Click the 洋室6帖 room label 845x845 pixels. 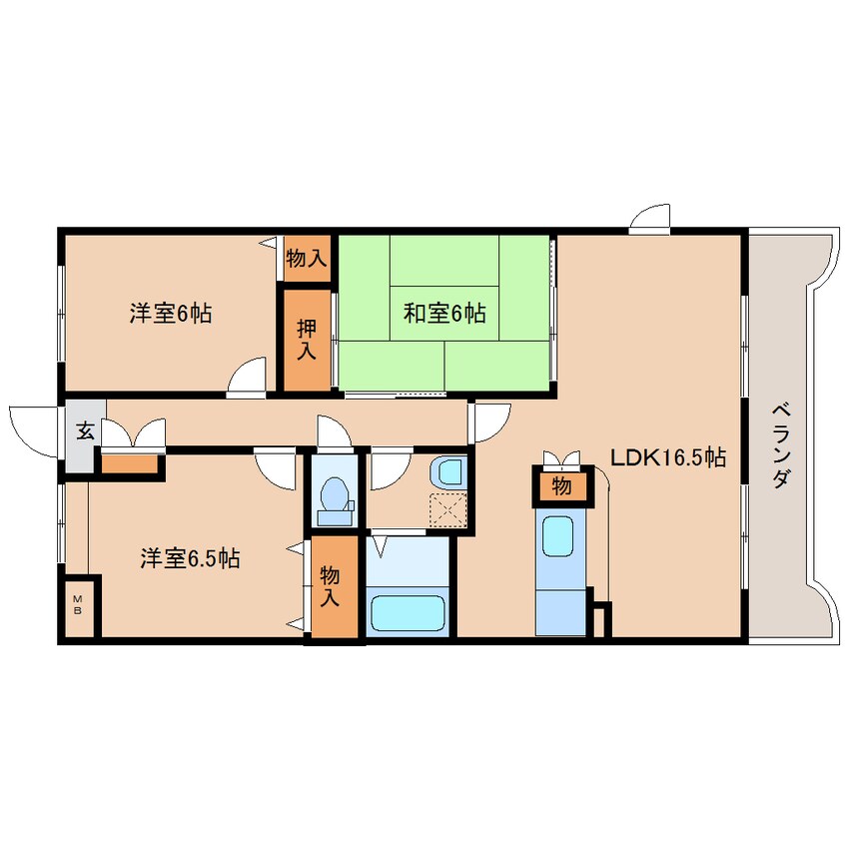pyautogui.click(x=170, y=314)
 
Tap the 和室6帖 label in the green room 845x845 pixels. pyautogui.click(x=444, y=314)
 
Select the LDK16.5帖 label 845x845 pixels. pyautogui.click(x=667, y=458)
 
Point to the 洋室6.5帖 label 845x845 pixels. pyautogui.click(x=189, y=558)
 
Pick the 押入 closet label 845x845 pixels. pyautogui.click(x=306, y=338)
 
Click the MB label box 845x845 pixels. pyautogui.click(x=78, y=604)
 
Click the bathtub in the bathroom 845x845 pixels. pyautogui.click(x=411, y=612)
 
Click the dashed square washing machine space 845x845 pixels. pyautogui.click(x=447, y=510)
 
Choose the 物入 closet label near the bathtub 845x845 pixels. pyautogui.click(x=330, y=586)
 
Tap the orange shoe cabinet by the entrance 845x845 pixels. pyautogui.click(x=131, y=463)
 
